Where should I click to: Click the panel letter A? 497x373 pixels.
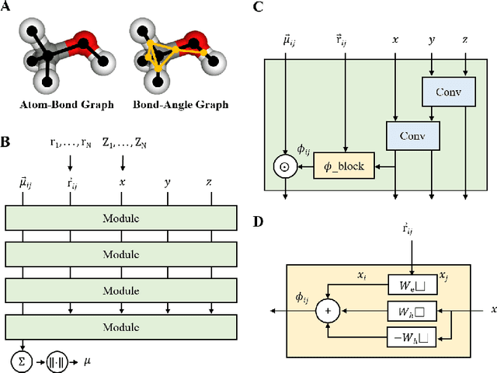tap(6, 8)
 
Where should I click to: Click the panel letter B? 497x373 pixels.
tap(6, 142)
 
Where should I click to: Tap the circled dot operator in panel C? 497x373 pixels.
tap(286, 166)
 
